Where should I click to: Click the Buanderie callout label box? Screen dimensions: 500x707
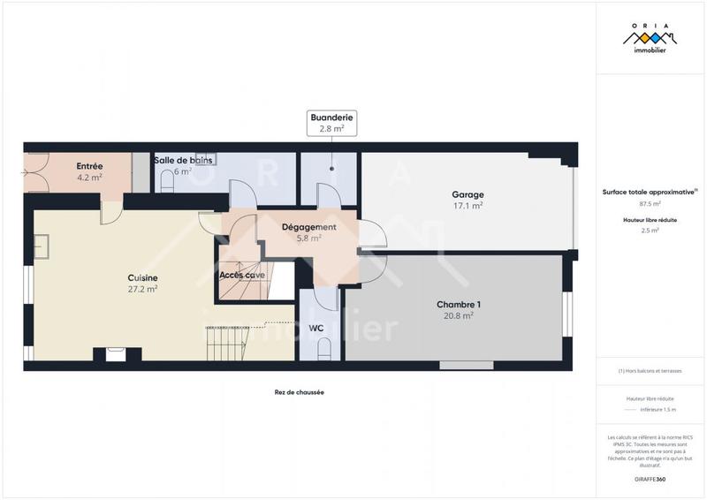click(326, 123)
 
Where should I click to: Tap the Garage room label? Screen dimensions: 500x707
click(468, 194)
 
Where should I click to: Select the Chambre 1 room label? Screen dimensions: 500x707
click(459, 304)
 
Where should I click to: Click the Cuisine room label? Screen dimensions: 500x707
click(142, 277)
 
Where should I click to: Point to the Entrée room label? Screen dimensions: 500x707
click(89, 166)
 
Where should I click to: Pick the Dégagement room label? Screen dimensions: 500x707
click(308, 227)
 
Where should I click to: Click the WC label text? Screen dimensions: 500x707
click(315, 329)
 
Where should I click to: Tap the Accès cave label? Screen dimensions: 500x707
click(242, 275)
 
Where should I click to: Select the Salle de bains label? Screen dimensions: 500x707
click(183, 160)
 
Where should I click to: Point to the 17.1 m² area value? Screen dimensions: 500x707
click(468, 206)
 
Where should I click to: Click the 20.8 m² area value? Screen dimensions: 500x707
click(459, 315)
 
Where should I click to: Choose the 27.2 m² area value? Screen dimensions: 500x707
click(142, 289)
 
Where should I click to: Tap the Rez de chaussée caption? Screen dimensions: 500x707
click(300, 392)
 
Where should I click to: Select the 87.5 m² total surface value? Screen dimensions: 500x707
click(650, 203)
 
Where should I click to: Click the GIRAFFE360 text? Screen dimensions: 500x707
click(650, 479)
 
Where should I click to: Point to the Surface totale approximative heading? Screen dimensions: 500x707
click(650, 191)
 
